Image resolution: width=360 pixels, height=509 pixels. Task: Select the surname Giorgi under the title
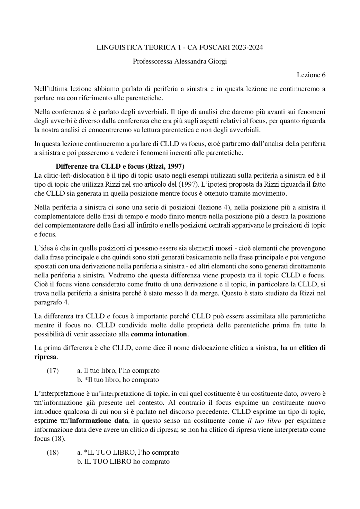[217, 61]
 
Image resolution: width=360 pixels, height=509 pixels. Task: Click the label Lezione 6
[311, 75]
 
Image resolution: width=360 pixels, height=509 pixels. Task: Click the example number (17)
[52, 371]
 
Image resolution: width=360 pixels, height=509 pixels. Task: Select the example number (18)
[52, 453]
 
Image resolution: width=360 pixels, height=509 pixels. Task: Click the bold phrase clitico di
[312, 348]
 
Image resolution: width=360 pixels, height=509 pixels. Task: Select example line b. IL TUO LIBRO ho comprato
[123, 462]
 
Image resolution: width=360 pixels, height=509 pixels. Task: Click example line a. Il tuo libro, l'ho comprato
[118, 371]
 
